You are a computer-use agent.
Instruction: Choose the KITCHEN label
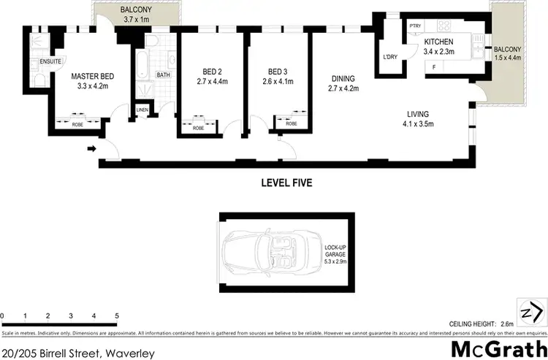(x=439, y=42)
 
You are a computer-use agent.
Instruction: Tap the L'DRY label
(x=389, y=57)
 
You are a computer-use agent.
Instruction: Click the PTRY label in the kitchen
(x=416, y=26)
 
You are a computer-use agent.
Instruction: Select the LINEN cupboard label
(x=142, y=110)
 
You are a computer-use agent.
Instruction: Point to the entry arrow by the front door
(x=91, y=150)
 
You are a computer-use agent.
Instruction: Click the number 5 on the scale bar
(x=116, y=315)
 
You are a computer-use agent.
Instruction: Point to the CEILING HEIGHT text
(x=472, y=323)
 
